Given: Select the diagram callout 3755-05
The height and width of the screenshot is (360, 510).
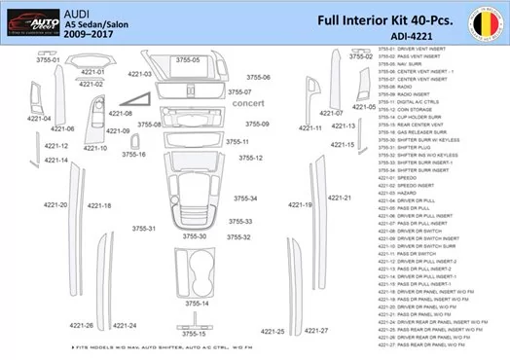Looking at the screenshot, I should [x=188, y=60].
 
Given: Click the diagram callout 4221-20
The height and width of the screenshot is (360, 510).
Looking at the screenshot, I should [x=55, y=205].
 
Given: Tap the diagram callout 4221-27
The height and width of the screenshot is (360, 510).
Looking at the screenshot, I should [x=315, y=330].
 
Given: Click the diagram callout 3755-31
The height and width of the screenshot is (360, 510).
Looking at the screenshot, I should [x=144, y=229].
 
